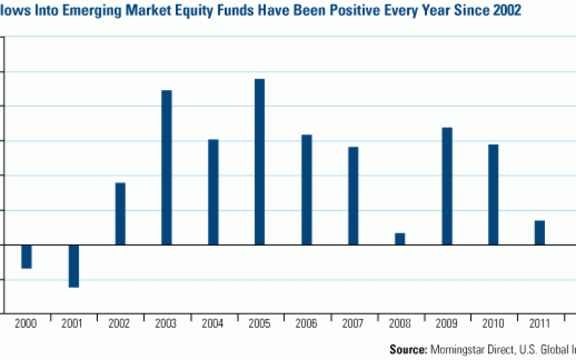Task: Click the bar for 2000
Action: point(27,256)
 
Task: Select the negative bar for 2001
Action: point(73,266)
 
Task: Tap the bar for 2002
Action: point(120,214)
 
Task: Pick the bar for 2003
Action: point(166,167)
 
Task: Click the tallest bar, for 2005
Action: point(260,161)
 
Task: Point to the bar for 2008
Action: point(400,238)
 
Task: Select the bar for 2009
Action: point(447,186)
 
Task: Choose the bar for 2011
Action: point(540,233)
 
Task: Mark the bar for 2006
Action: point(307,189)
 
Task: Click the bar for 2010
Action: point(493,194)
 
